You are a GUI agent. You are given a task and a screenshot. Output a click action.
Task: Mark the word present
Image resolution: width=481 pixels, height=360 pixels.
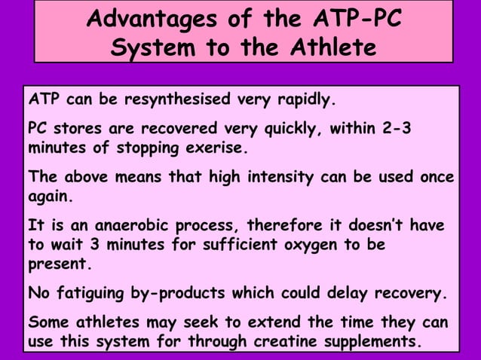pyautogui.click(x=57, y=265)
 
